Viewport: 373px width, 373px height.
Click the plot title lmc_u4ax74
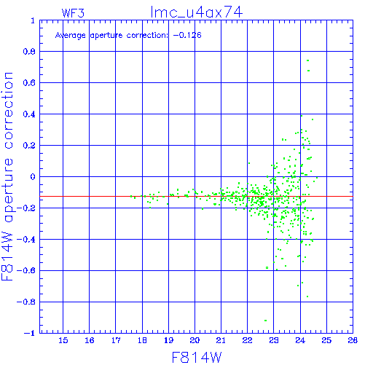197,12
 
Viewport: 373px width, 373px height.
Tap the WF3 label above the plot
73,13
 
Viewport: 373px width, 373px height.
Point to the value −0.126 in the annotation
187,35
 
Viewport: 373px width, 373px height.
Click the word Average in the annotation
70,36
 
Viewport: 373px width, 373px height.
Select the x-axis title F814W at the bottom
197,358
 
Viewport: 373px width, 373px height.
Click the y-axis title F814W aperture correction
7,176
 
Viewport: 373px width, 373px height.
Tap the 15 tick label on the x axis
63,340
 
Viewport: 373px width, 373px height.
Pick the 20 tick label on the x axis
195,340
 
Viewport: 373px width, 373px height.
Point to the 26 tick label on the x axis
353,340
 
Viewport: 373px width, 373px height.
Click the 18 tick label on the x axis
142,340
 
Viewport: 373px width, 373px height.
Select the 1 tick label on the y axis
33,20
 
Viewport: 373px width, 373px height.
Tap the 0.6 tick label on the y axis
29,83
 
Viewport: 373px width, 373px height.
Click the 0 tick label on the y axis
33,176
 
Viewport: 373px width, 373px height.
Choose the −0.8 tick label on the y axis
26,302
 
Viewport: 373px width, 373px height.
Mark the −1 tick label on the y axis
30,333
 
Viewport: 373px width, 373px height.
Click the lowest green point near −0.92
265,321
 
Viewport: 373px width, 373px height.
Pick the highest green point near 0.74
307,60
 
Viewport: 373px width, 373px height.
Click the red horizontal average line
196,196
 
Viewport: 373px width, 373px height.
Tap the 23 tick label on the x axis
274,340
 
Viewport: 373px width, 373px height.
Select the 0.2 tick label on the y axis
29,145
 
